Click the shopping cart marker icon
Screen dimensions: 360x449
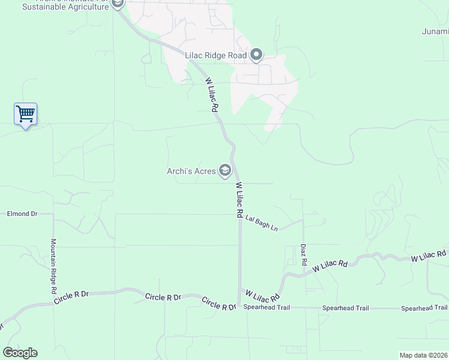click(25, 113)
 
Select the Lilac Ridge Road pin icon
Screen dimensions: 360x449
click(256, 55)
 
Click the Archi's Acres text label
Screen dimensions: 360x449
click(191, 172)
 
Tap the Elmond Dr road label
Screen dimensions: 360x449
click(22, 214)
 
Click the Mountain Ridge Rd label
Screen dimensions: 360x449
click(53, 266)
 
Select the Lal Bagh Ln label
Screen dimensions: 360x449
click(262, 223)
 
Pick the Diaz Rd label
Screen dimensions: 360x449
click(304, 254)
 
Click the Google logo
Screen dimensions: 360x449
click(20, 353)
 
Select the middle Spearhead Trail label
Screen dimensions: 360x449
click(345, 308)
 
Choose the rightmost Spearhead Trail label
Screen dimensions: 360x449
click(424, 308)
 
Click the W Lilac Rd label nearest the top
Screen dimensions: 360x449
click(211, 95)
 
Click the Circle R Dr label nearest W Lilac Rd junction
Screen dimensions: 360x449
click(218, 304)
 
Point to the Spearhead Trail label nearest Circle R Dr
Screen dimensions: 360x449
click(267, 308)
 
